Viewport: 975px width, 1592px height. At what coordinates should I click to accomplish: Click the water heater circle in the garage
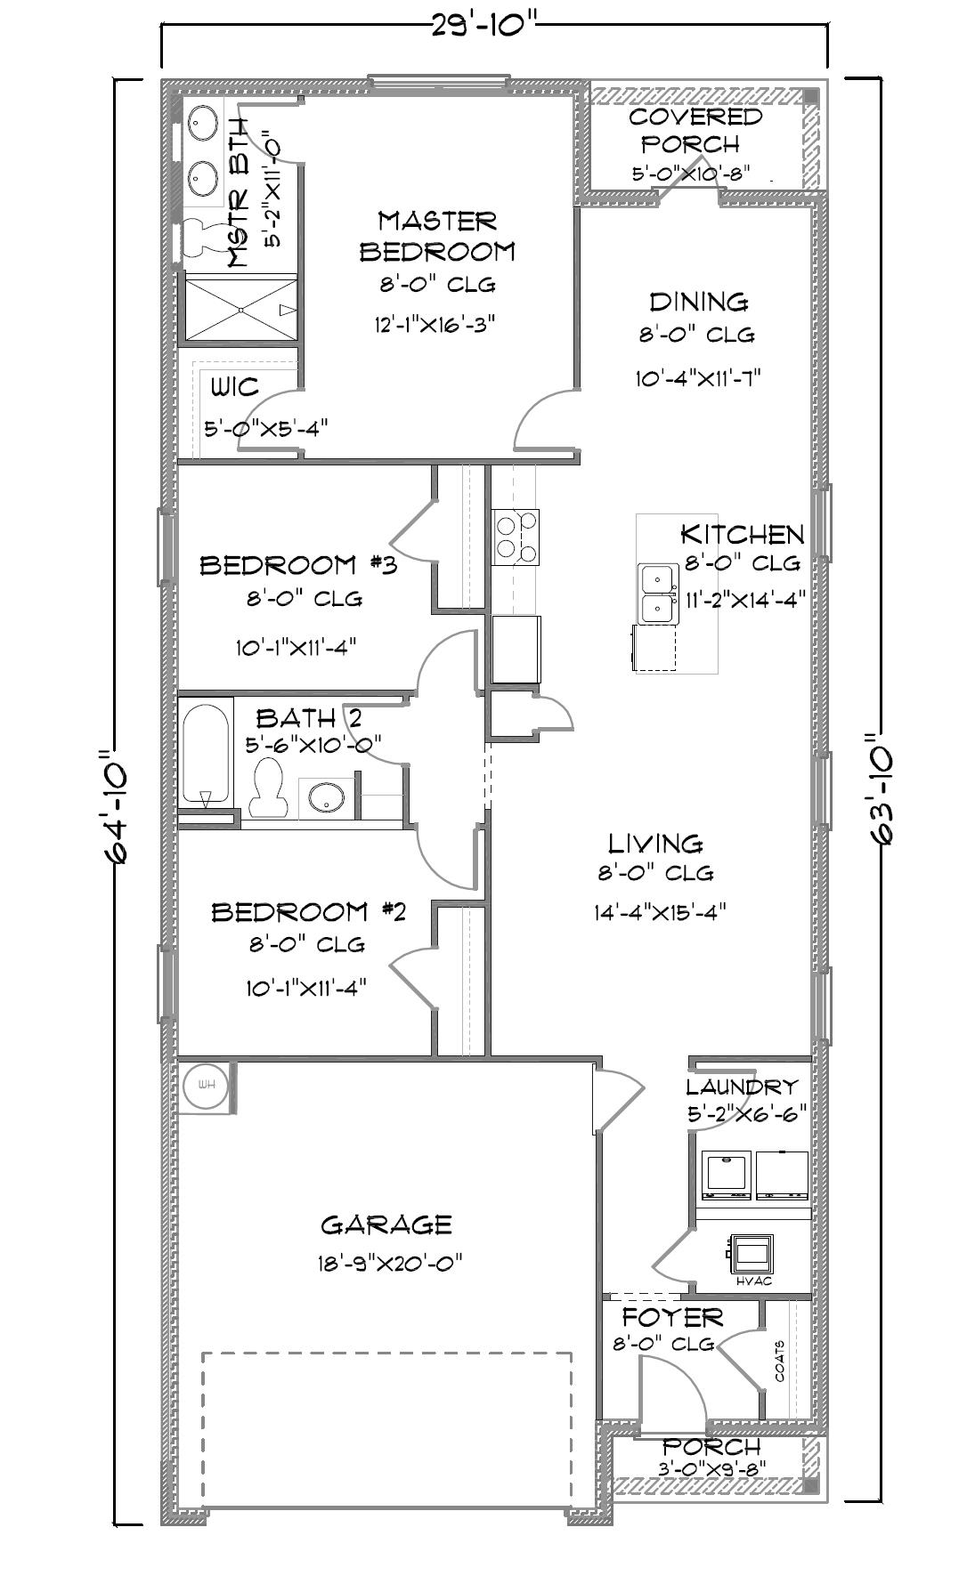[207, 1085]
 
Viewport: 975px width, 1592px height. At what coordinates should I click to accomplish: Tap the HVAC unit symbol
[750, 1252]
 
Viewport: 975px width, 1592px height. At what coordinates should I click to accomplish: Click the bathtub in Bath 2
[207, 752]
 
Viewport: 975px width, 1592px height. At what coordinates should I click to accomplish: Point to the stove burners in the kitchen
[516, 537]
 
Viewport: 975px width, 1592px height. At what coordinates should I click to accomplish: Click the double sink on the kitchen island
[657, 594]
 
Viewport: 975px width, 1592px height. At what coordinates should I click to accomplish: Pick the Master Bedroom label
[437, 236]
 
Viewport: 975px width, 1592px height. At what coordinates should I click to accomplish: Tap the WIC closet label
[235, 387]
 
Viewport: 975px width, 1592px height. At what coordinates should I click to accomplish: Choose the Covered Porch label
[695, 130]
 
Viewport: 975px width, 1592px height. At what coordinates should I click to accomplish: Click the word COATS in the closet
[780, 1361]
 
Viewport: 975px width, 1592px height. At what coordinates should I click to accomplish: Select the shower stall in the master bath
[240, 308]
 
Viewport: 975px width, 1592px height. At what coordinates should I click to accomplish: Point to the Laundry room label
[742, 1087]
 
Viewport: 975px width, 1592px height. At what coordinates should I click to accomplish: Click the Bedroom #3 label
[298, 565]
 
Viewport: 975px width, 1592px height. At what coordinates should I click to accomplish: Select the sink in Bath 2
[326, 797]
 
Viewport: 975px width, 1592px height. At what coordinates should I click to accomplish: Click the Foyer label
[672, 1317]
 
